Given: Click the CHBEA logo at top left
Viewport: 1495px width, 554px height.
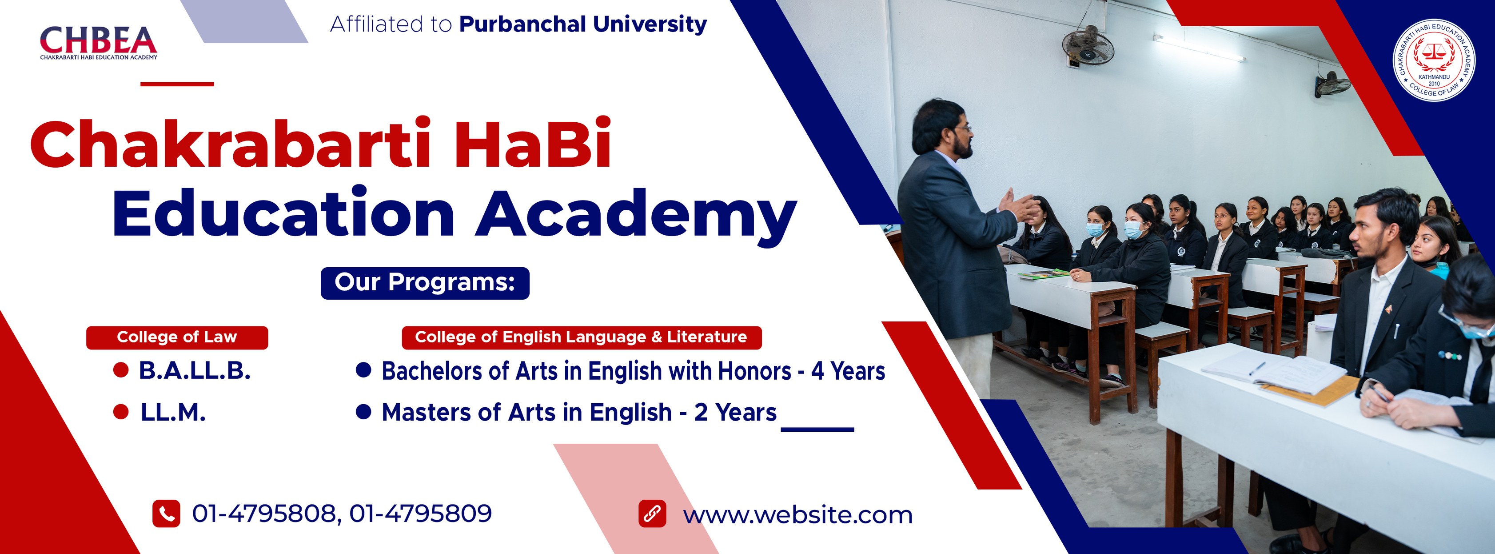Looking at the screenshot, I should click(x=98, y=42).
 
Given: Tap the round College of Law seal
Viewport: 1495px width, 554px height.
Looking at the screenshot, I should click(x=1434, y=60).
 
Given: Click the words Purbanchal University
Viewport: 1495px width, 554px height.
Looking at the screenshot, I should click(x=583, y=24).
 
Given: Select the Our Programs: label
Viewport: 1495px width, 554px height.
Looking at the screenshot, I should click(x=425, y=283).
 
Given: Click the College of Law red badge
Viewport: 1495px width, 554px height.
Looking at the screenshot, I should click(x=177, y=337).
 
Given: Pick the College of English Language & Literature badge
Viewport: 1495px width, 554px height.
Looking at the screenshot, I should click(x=581, y=337).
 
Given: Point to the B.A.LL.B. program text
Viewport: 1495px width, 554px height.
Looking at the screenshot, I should click(x=195, y=370).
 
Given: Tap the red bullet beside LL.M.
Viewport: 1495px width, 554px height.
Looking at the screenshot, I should click(x=121, y=412).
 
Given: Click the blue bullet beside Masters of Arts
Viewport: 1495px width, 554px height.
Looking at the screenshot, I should click(x=363, y=412).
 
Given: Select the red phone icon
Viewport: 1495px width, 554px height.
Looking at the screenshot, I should click(x=166, y=514).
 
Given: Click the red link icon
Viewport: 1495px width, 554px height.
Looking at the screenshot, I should click(x=652, y=514).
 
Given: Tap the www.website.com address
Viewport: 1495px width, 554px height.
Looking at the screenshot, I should click(x=797, y=515).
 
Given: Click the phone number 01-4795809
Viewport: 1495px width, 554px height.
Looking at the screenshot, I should click(x=421, y=514).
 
